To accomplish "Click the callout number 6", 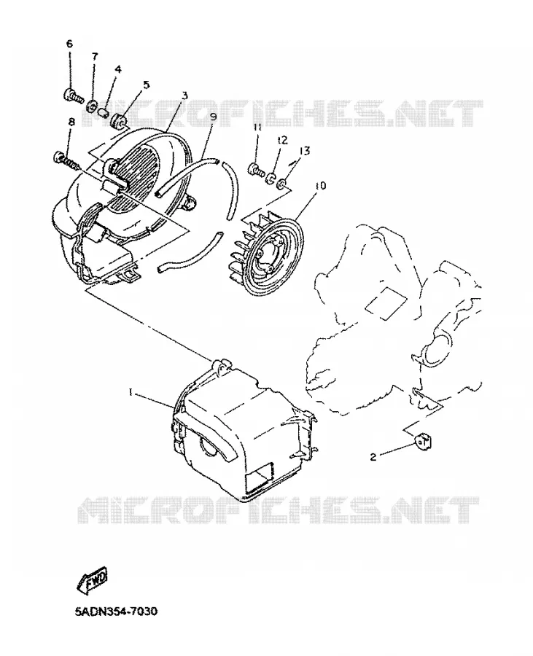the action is [69, 44].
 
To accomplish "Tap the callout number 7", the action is [95, 56].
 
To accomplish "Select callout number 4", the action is [118, 69].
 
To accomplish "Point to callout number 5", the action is [146, 85].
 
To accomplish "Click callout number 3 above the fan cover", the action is [184, 95].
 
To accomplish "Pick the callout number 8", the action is [71, 122].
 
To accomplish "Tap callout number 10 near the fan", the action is [321, 186].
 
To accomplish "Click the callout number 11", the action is [257, 127].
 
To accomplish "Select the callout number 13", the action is [305, 151].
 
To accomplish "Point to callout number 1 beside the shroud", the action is [131, 392].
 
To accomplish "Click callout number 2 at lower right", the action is [373, 457].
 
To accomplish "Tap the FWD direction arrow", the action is [92, 580].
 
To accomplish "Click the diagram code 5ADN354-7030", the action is [117, 612].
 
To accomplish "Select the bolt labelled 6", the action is [74, 95].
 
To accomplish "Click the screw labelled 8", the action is [66, 160].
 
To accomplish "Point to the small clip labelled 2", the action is [424, 441].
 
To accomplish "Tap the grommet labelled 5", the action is [118, 120].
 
